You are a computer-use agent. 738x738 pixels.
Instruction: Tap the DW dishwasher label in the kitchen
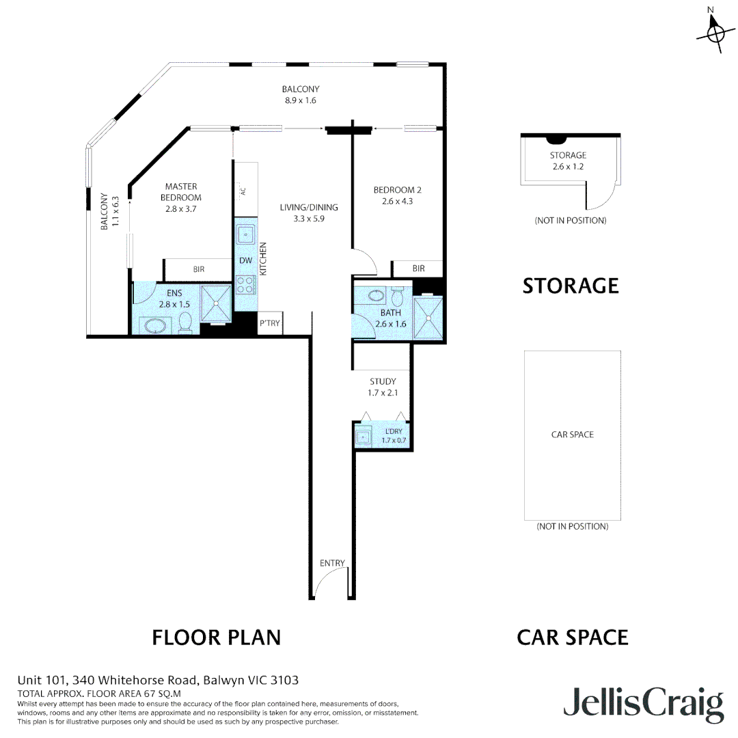click(x=246, y=260)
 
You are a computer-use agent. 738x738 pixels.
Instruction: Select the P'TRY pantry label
click(x=270, y=323)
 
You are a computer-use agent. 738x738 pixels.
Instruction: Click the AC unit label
click(x=243, y=191)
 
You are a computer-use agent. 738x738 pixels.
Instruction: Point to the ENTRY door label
click(x=332, y=563)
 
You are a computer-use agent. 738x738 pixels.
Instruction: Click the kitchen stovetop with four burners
click(x=246, y=285)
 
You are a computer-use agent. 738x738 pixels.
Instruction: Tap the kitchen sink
click(x=246, y=234)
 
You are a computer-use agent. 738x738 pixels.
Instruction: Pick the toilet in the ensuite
click(x=185, y=323)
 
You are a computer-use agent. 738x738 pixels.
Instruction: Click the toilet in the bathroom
click(x=398, y=296)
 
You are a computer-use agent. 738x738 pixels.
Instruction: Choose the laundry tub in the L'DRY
click(x=364, y=437)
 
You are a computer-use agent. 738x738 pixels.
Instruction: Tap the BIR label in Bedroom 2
click(x=418, y=269)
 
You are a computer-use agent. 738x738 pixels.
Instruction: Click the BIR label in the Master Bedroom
click(x=199, y=269)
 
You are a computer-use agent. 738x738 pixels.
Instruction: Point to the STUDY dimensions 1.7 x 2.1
click(x=383, y=392)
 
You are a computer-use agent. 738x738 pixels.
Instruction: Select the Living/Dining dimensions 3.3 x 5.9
click(x=309, y=219)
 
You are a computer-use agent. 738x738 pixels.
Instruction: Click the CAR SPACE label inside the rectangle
click(x=573, y=435)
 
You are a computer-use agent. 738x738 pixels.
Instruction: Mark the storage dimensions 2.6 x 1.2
click(x=568, y=166)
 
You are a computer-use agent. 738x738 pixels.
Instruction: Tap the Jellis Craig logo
click(x=644, y=705)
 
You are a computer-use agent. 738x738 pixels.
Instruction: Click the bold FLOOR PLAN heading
click(x=217, y=638)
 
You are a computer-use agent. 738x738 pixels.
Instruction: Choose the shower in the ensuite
click(x=216, y=304)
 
